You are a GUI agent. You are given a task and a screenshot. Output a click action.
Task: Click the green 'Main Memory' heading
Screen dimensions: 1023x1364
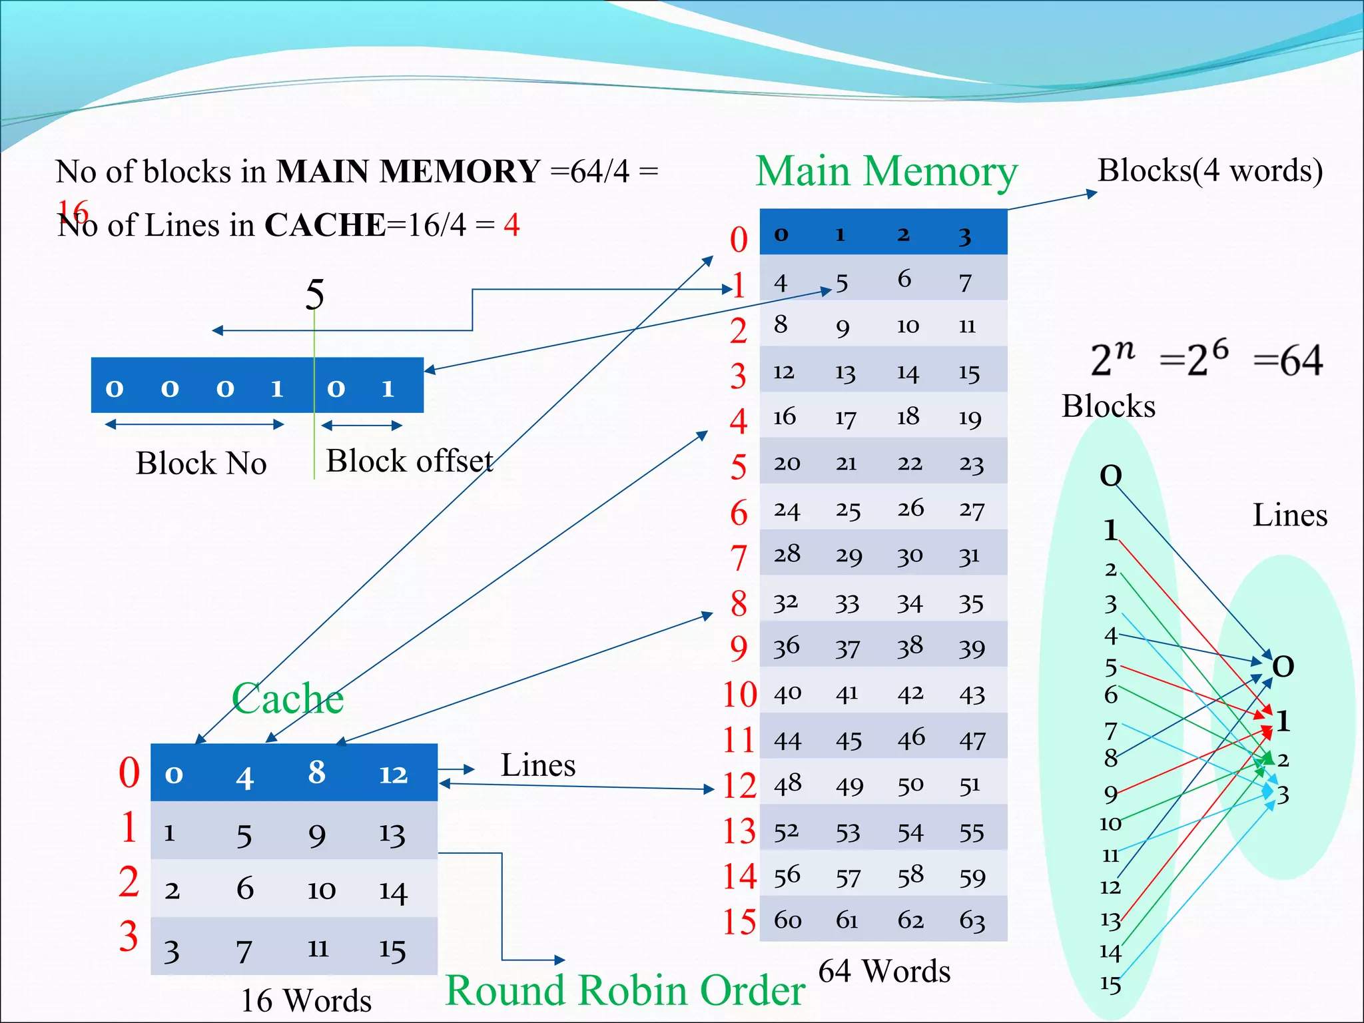(886, 172)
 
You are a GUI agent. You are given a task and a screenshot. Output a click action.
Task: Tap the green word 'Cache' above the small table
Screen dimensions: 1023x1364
(287, 699)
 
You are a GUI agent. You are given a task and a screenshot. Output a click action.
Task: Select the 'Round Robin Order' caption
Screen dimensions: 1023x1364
(625, 990)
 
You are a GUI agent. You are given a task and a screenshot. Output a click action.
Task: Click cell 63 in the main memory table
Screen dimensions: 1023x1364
(972, 920)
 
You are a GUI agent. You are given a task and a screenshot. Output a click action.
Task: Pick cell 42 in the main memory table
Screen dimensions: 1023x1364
(910, 694)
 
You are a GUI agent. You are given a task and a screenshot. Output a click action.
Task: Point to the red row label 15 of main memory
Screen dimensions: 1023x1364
(739, 922)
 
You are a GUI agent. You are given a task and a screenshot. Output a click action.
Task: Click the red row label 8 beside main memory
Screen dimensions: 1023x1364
(738, 603)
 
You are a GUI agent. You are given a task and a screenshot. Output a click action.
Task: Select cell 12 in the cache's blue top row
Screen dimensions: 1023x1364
(393, 774)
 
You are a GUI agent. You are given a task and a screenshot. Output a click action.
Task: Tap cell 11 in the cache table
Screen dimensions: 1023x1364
(318, 948)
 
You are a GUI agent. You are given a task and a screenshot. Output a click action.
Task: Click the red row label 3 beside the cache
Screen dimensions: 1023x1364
(129, 936)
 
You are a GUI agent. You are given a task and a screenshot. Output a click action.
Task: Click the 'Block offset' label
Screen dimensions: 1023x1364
(409, 461)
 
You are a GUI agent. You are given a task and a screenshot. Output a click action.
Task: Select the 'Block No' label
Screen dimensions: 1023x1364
(201, 464)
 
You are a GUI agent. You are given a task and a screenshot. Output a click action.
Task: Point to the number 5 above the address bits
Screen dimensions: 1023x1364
(314, 294)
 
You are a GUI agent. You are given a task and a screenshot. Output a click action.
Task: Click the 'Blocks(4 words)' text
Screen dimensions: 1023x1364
(1209, 170)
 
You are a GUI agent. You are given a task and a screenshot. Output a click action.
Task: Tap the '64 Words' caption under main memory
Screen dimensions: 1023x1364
(884, 971)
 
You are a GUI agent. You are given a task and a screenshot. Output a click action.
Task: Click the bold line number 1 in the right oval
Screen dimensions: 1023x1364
(1283, 721)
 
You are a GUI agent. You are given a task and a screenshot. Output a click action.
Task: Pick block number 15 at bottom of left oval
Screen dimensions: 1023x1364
(1110, 984)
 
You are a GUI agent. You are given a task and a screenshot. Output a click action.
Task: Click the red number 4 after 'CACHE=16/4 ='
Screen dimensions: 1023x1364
(511, 225)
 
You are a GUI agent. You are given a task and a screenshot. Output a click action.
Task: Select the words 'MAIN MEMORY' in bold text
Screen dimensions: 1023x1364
(408, 172)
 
